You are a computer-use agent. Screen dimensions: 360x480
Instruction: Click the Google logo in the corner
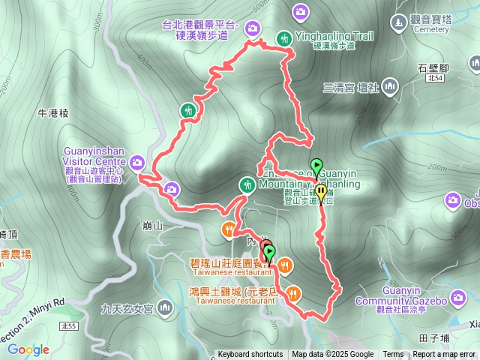pos(28,349)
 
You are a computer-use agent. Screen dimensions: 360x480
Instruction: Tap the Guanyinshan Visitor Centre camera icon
pos(137,161)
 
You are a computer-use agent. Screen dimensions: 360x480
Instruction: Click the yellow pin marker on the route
pos(321,193)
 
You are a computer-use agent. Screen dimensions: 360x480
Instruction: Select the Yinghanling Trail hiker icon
pos(284,37)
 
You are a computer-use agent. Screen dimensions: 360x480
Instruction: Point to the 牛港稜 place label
pos(52,113)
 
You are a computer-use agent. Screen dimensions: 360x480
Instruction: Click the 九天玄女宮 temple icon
pos(164,307)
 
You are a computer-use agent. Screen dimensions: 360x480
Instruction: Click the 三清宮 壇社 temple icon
pos(389,88)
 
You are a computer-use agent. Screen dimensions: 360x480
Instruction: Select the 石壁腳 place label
pos(433,67)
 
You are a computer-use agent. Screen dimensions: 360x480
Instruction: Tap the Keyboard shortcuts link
pos(250,355)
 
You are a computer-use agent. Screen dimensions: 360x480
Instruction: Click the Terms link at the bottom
pos(393,355)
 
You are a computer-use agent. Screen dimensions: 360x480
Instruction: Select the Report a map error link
pos(443,355)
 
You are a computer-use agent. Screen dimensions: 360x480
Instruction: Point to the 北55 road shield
pos(69,326)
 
